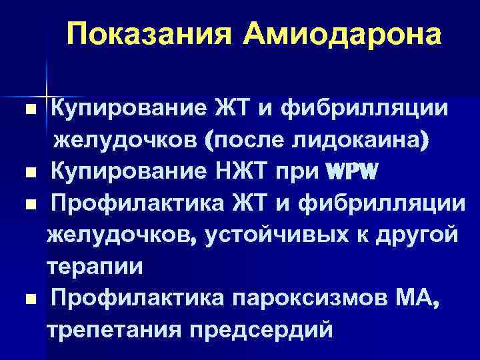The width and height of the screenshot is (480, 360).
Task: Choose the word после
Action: tap(238, 140)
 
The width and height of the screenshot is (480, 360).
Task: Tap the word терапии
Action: tap(94, 266)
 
